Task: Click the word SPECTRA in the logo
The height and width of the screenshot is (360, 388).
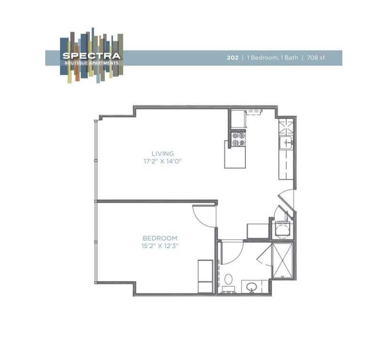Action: click(91, 56)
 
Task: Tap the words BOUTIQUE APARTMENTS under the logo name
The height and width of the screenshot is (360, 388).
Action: click(91, 63)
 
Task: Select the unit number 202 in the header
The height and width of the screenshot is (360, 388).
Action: click(232, 58)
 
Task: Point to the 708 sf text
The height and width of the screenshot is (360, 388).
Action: click(316, 58)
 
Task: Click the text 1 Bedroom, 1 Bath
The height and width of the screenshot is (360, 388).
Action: click(272, 58)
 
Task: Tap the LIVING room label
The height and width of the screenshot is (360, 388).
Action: click(163, 153)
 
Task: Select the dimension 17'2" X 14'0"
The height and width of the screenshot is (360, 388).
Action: click(163, 162)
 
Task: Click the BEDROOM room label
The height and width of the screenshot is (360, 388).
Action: click(160, 238)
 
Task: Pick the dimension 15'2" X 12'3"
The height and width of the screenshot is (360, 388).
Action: click(160, 246)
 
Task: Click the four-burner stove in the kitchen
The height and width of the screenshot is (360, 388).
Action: click(238, 139)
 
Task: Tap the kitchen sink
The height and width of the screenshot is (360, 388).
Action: click(286, 142)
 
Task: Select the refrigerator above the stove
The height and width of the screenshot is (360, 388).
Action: click(237, 119)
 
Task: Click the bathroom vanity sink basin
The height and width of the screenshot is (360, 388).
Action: click(252, 286)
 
